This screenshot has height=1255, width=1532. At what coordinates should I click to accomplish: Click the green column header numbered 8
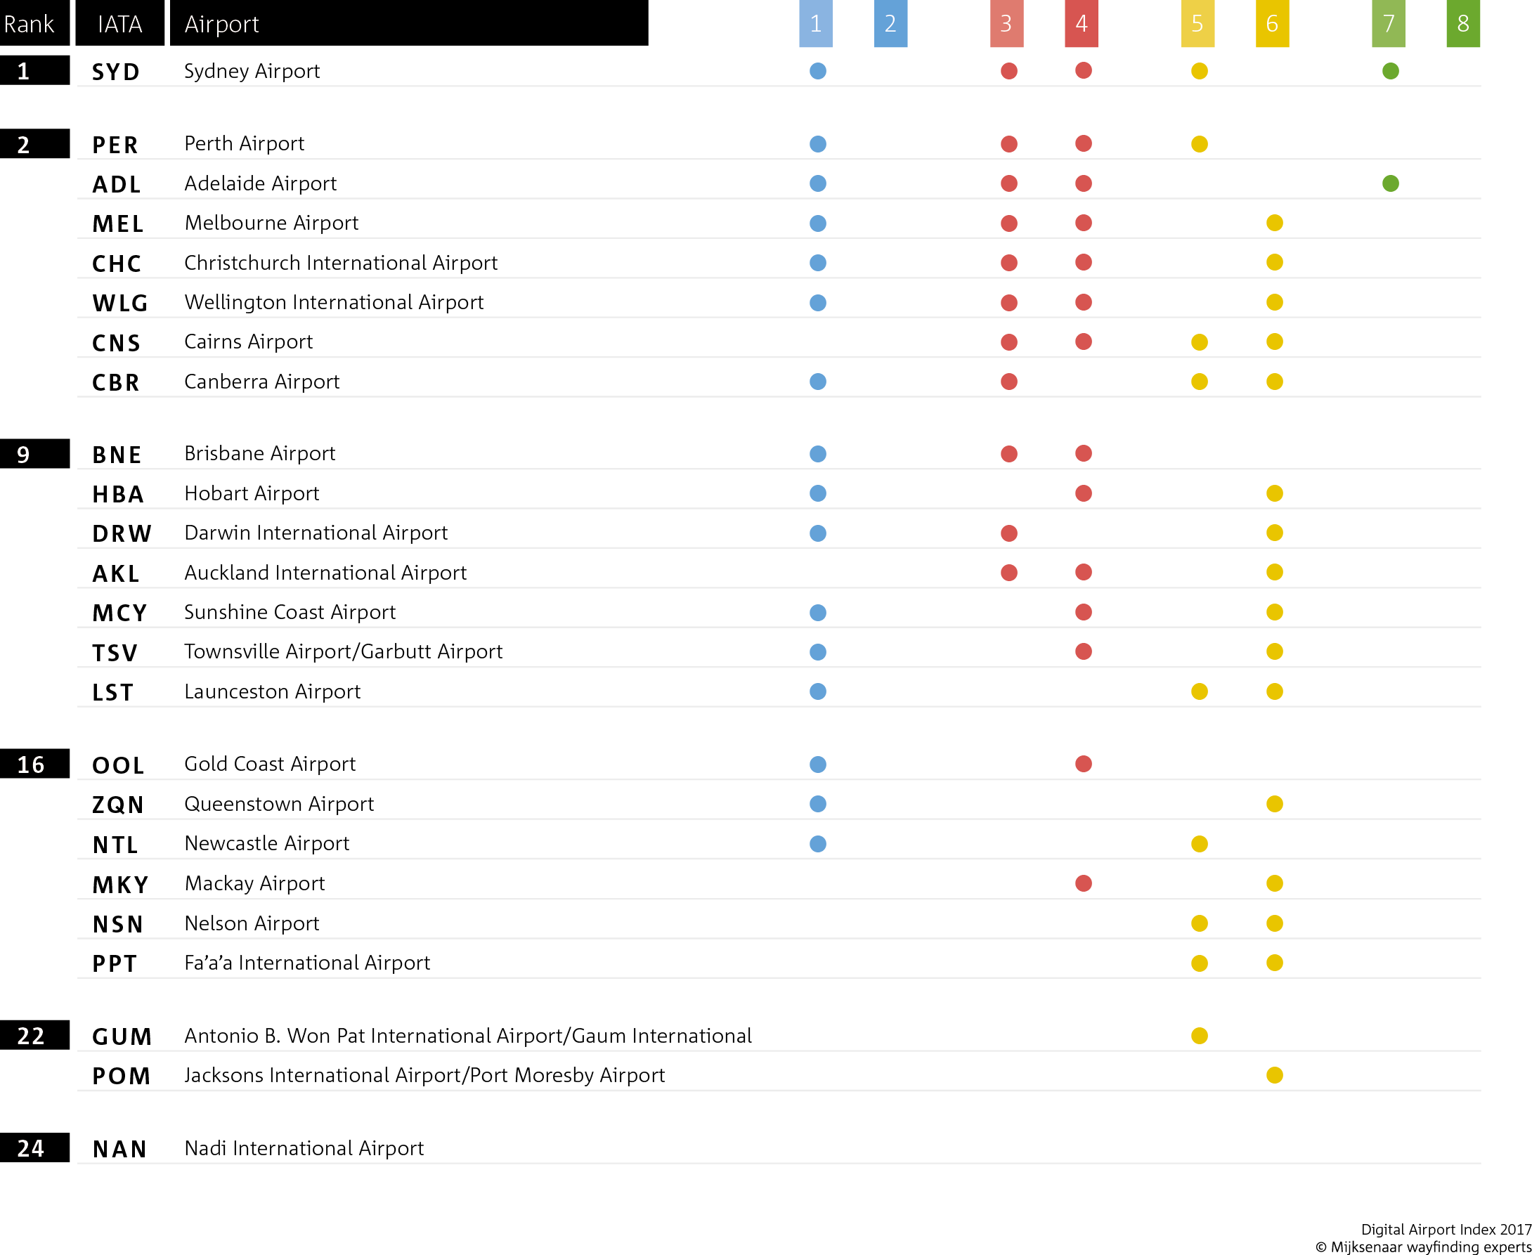pyautogui.click(x=1462, y=23)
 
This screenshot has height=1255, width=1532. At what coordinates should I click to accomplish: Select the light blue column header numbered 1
pyautogui.click(x=814, y=23)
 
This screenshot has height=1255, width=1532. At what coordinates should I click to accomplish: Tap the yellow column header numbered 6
pyautogui.click(x=1272, y=23)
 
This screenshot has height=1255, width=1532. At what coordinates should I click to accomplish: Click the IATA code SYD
pyautogui.click(x=116, y=72)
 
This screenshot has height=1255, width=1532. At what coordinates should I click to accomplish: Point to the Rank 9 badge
pyautogui.click(x=34, y=454)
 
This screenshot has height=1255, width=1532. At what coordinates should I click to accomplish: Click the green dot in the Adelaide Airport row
pyautogui.click(x=1389, y=183)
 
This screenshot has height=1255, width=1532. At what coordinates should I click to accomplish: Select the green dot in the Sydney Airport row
pyautogui.click(x=1389, y=71)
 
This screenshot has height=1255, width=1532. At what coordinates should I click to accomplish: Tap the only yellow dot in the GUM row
pyautogui.click(x=1199, y=1035)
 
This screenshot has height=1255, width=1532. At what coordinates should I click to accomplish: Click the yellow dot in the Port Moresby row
pyautogui.click(x=1274, y=1075)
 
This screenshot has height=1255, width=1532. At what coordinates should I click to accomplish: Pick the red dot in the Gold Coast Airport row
pyautogui.click(x=1082, y=763)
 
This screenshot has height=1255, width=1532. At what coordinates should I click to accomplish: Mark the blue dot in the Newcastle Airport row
pyautogui.click(x=817, y=844)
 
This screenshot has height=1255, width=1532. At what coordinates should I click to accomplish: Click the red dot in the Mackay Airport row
pyautogui.click(x=1082, y=883)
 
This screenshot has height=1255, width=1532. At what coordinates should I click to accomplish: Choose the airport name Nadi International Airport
pyautogui.click(x=304, y=1148)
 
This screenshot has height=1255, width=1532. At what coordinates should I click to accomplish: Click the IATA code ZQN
pyautogui.click(x=118, y=805)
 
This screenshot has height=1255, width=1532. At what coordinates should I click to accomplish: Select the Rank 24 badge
pyautogui.click(x=34, y=1148)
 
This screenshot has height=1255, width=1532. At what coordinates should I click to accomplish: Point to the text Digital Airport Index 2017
pyautogui.click(x=1446, y=1229)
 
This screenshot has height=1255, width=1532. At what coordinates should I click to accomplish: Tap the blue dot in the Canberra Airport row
pyautogui.click(x=817, y=381)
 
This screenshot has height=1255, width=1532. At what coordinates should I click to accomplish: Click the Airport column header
pyautogui.click(x=408, y=23)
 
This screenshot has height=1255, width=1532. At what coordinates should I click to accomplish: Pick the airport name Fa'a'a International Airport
pyautogui.click(x=306, y=963)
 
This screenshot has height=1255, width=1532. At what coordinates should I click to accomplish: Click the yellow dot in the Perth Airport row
pyautogui.click(x=1199, y=144)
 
